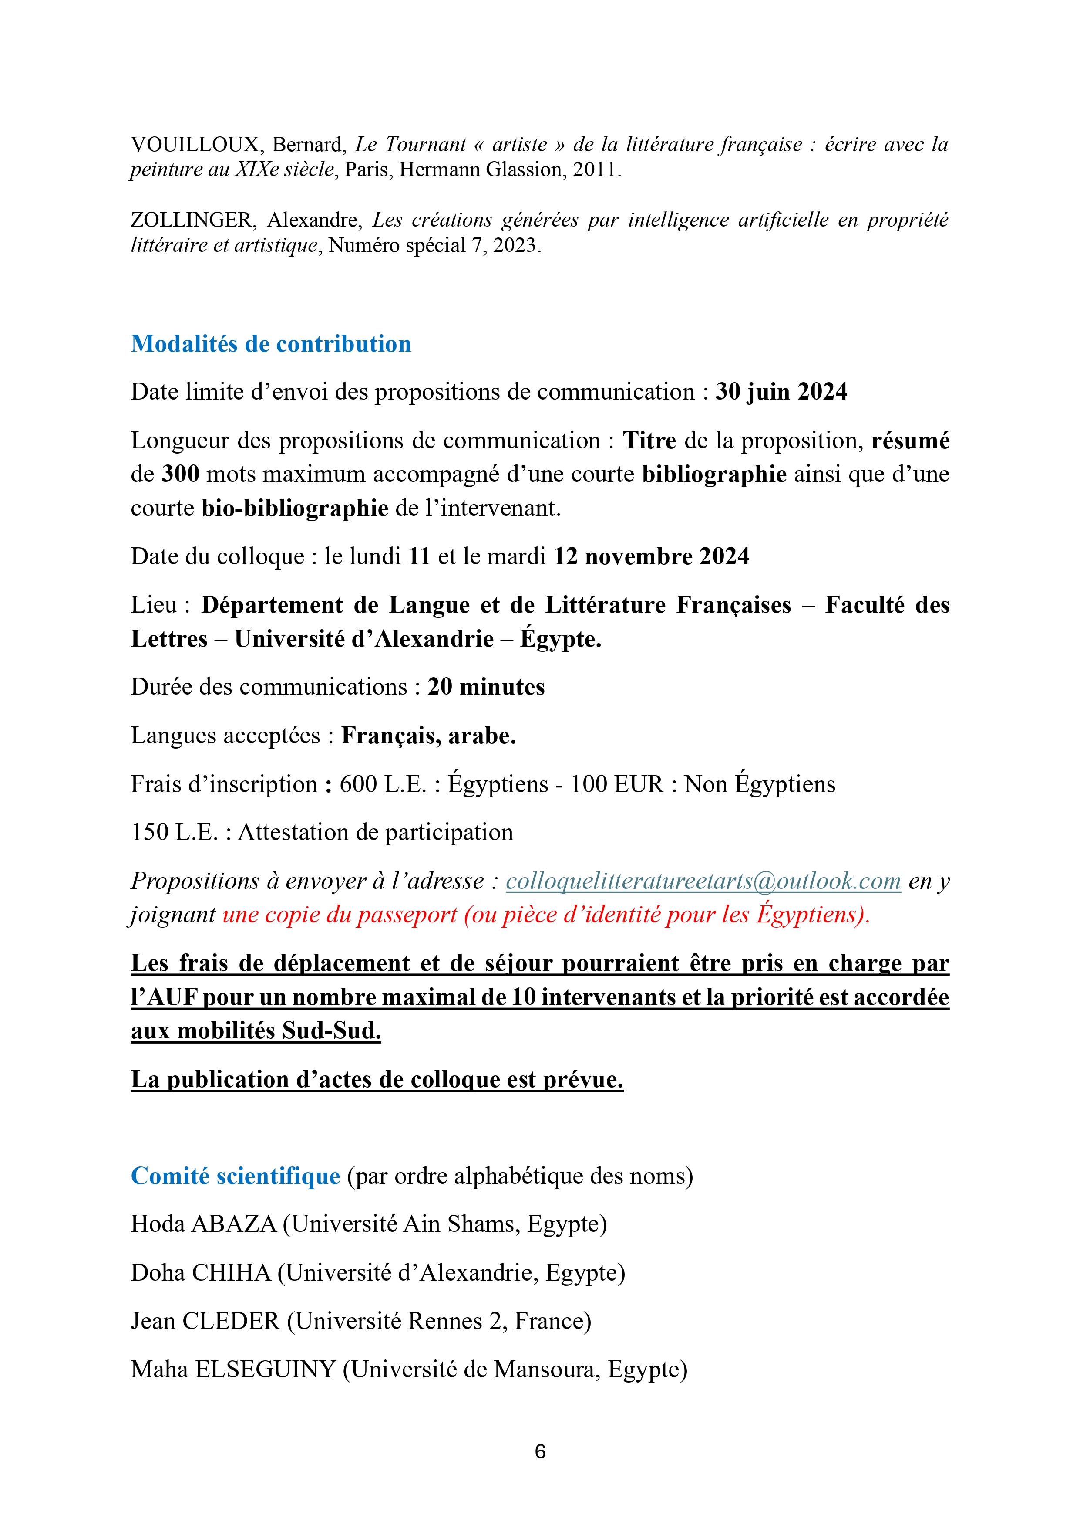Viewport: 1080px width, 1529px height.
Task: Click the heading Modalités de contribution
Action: click(271, 344)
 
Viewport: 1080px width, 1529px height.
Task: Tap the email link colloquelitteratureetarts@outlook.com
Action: click(703, 881)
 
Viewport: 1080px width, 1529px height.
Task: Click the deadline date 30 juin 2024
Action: click(781, 392)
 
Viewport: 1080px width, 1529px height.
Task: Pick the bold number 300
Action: click(180, 474)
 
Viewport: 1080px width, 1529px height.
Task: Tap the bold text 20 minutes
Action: click(486, 687)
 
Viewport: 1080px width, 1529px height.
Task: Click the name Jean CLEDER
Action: click(205, 1321)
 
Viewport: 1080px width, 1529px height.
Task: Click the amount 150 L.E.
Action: click(175, 832)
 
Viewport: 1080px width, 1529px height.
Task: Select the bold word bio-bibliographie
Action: click(295, 508)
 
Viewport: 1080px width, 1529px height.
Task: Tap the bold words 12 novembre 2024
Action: click(652, 556)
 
